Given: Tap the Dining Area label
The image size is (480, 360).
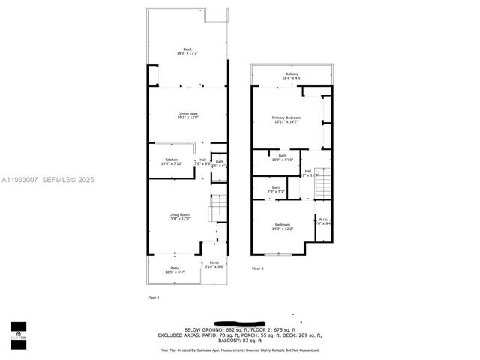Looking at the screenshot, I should (x=187, y=115).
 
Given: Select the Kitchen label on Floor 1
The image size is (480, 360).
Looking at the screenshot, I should (x=172, y=161).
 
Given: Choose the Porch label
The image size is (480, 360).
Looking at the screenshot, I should (x=215, y=264).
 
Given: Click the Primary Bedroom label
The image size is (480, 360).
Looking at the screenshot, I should (x=287, y=119).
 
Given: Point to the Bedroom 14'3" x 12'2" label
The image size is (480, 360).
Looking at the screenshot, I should (x=282, y=226).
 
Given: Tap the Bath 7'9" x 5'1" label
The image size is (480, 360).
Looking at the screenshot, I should (x=276, y=190).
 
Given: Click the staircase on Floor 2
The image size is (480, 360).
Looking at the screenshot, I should (x=322, y=184).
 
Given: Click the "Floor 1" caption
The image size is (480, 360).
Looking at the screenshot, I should (x=154, y=298).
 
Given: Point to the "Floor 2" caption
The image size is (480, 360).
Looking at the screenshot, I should (x=258, y=268).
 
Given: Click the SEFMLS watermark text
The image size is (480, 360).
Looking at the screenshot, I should (x=68, y=180).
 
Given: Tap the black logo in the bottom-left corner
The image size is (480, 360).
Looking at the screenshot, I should (x=18, y=331).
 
